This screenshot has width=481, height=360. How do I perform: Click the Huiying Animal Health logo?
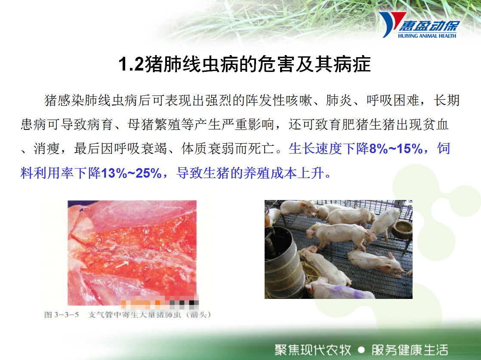point(419,25)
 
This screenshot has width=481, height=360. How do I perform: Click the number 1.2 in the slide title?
point(131,65)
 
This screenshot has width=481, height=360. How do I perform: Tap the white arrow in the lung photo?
point(122,265)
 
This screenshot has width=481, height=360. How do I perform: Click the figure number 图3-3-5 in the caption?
point(62,314)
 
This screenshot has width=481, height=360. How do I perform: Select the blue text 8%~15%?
point(396,149)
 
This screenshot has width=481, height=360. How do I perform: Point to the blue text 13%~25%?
point(131,173)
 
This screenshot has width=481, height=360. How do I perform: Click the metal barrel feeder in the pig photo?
point(283,262)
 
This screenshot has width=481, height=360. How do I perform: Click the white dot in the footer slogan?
point(361,350)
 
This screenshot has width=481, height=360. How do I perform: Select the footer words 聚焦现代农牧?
point(313,350)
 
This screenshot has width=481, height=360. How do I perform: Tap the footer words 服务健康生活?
point(410,350)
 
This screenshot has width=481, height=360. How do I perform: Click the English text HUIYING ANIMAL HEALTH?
point(427,36)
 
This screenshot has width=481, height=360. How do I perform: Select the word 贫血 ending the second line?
point(435,124)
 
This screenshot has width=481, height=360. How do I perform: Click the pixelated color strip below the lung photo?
point(160,303)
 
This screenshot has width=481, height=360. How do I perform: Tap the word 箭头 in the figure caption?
point(198,314)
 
